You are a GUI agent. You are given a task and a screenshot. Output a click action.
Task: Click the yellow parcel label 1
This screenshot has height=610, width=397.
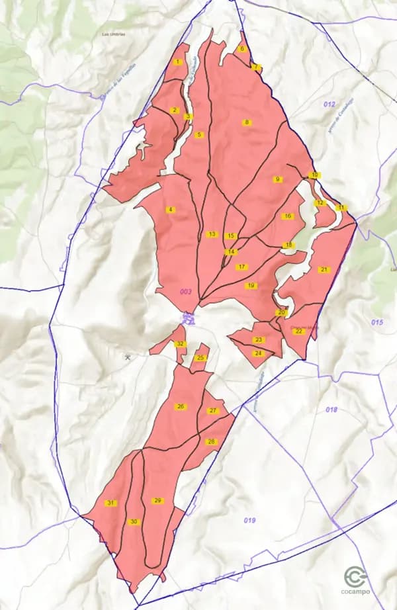pyautogui.click(x=177, y=62)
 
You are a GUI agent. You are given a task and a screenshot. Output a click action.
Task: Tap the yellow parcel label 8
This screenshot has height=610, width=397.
pyautogui.click(x=247, y=122)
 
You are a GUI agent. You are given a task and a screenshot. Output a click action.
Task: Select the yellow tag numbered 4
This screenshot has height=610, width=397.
pyautogui.click(x=171, y=210)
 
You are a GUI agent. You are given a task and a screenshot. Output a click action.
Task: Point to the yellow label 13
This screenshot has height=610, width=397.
pyautogui.click(x=212, y=234)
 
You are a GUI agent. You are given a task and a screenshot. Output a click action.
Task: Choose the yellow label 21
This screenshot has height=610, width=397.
pyautogui.click(x=324, y=270)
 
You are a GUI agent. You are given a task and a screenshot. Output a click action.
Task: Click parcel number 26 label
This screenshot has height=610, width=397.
pyautogui.click(x=181, y=406)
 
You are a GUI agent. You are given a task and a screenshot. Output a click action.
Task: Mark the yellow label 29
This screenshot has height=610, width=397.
pyautogui.click(x=157, y=501)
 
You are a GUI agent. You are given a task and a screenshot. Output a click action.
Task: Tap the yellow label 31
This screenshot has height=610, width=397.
pyautogui.click(x=110, y=503)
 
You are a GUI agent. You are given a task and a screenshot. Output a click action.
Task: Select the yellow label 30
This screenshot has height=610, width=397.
pyautogui.click(x=134, y=522)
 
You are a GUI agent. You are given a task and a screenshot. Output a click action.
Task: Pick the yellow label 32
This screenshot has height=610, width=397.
pyautogui.click(x=181, y=344)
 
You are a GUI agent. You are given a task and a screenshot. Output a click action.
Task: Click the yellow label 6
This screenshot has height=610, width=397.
pyautogui.click(x=242, y=49)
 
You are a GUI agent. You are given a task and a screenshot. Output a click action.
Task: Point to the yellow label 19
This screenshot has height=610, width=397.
pyautogui.click(x=251, y=286)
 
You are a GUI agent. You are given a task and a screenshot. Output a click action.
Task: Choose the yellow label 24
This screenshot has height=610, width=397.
pyautogui.click(x=259, y=353)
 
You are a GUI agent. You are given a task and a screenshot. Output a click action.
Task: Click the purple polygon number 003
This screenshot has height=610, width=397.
pyautogui.click(x=185, y=292)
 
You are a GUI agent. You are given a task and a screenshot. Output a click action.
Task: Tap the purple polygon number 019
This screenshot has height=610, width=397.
pyautogui.click(x=249, y=521)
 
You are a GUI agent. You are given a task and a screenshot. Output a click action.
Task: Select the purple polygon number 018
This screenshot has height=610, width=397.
pyautogui.click(x=331, y=410)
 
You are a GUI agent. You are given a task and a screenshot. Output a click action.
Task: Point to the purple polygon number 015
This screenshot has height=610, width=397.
pyautogui.click(x=377, y=322)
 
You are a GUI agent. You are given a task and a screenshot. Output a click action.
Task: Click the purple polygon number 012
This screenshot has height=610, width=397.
pyautogui.click(x=330, y=105)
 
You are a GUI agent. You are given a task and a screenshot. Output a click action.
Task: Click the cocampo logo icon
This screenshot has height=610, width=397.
pyautogui.click(x=356, y=578)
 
